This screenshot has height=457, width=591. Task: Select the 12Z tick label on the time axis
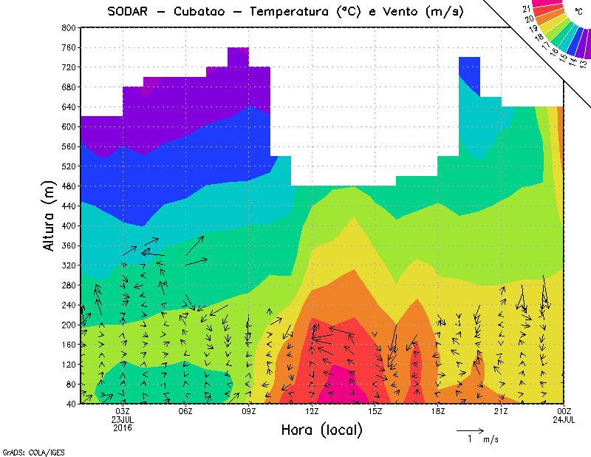click(x=312, y=411)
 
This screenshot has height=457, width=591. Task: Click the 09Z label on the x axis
click(x=249, y=411)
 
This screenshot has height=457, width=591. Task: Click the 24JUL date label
click(x=564, y=419)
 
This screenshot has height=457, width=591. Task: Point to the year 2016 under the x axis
click(x=123, y=427)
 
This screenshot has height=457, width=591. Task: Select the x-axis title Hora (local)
click(x=322, y=429)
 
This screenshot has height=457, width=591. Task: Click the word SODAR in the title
click(x=131, y=11)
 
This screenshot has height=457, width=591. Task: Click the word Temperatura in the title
click(x=296, y=11)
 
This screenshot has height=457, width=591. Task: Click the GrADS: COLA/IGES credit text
click(x=29, y=451)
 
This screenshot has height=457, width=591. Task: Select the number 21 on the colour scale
click(x=527, y=8)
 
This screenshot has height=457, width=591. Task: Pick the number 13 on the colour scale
click(x=584, y=64)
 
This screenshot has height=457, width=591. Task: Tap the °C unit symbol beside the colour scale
click(x=578, y=11)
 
